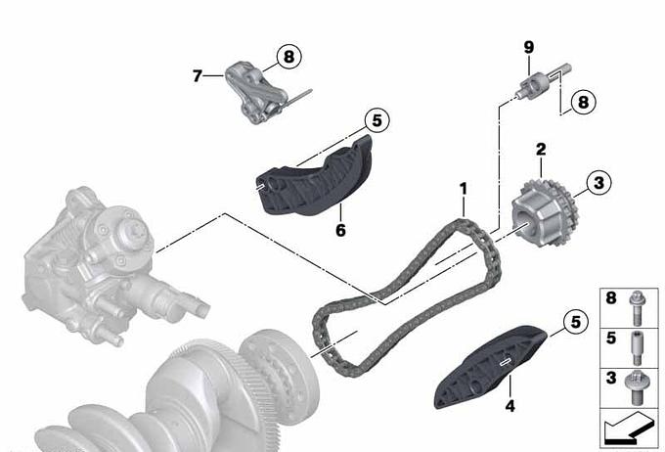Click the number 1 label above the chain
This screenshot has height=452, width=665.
[464, 189]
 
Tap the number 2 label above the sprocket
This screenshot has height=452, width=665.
[541, 150]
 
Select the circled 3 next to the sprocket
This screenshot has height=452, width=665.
[598, 183]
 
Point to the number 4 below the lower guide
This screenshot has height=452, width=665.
[510, 406]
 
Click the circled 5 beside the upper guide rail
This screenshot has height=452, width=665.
[377, 120]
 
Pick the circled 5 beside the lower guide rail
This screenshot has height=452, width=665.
[575, 322]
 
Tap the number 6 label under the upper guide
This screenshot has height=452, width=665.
[340, 230]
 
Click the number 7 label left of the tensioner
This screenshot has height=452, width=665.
[198, 76]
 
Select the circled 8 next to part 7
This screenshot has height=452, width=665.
[288, 56]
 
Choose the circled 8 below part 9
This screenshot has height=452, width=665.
[583, 102]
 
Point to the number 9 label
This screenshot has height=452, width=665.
[528, 48]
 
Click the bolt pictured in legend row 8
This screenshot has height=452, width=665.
[636, 307]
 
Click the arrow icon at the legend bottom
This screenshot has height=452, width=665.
[627, 429]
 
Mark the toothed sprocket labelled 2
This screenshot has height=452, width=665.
[544, 213]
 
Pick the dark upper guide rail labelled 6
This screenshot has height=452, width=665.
[315, 177]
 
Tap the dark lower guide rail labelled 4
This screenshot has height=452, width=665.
[490, 366]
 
